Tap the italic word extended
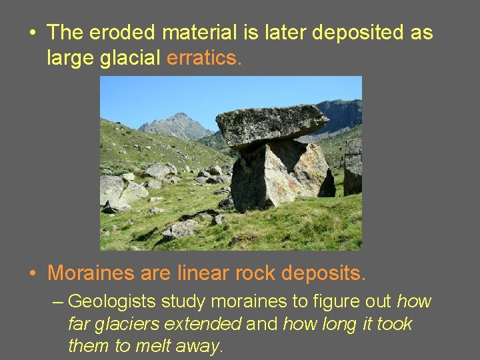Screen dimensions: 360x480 (x=203, y=324)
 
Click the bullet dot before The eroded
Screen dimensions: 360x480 (x=33, y=33)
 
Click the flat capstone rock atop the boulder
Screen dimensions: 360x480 (x=270, y=124)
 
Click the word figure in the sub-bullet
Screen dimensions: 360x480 (x=324, y=302)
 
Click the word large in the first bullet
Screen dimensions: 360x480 (x=69, y=59)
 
